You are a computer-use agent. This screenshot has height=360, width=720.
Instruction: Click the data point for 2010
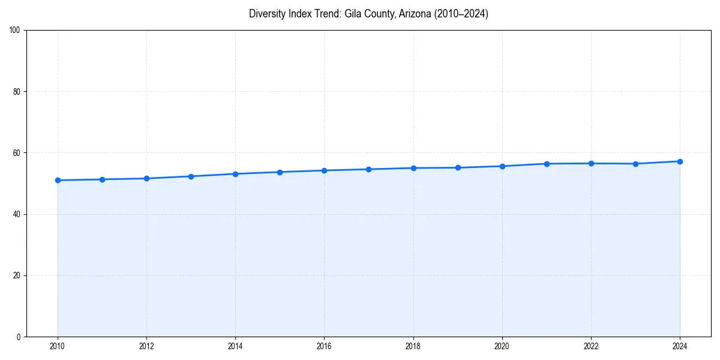click(x=58, y=180)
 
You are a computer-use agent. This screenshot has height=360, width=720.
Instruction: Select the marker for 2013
click(x=191, y=176)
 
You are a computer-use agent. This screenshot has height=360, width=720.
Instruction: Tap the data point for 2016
click(x=324, y=170)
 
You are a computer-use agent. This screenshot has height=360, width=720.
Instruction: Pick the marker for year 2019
click(x=458, y=167)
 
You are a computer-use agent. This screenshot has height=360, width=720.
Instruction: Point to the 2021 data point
click(x=547, y=164)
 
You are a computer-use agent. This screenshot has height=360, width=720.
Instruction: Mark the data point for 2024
click(x=680, y=161)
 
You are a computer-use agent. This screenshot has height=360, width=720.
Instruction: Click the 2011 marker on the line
click(x=102, y=179)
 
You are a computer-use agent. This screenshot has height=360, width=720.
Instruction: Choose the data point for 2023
click(x=635, y=164)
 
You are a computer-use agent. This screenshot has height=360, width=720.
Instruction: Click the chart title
click(x=368, y=14)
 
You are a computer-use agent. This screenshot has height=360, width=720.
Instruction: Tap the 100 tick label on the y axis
click(x=15, y=31)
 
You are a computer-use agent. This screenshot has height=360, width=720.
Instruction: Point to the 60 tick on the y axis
click(x=17, y=153)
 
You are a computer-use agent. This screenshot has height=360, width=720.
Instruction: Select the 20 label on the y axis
click(x=17, y=275)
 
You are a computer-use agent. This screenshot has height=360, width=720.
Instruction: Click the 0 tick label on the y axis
click(x=19, y=337)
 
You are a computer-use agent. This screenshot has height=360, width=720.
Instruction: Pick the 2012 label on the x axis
click(x=146, y=346)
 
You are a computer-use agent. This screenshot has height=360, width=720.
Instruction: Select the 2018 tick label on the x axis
click(x=413, y=346)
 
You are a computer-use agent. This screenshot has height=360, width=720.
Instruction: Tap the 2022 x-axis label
click(x=591, y=346)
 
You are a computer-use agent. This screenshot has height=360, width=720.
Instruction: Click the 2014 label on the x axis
click(x=235, y=346)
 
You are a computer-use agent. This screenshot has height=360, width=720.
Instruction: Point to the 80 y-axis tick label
click(x=17, y=92)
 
